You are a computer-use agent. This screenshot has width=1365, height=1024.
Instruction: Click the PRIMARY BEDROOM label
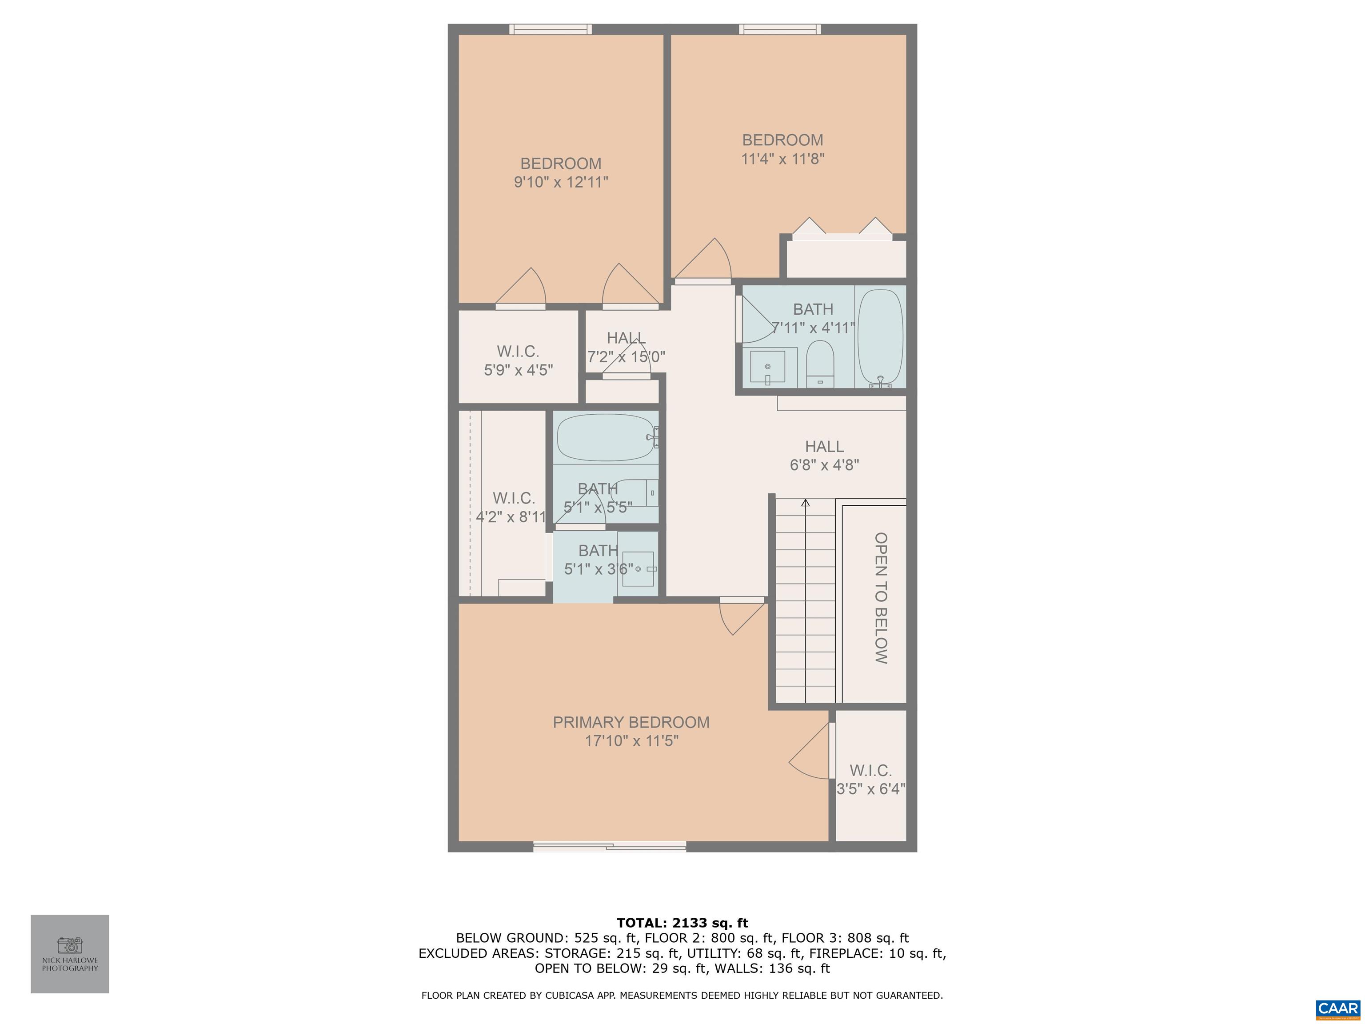pos(631,722)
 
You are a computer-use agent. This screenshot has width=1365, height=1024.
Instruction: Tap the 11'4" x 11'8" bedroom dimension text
pos(782,159)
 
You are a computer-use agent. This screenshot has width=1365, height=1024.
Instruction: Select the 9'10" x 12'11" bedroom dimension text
pos(561,183)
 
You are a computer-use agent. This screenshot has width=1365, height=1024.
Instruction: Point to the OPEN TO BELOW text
pos(881,597)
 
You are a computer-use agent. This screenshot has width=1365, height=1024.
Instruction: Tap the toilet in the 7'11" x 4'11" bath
pos(820,364)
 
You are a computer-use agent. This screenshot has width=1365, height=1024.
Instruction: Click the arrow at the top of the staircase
pos(805,503)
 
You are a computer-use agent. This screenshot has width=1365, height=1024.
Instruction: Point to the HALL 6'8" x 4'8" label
pos(824,456)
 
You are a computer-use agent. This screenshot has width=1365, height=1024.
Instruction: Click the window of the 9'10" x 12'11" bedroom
pos(550,29)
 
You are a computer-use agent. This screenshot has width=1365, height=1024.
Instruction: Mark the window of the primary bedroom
pos(610,846)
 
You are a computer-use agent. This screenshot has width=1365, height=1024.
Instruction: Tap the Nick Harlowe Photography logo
pos(70,954)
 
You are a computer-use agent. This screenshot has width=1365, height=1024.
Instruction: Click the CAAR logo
pos(1337,1008)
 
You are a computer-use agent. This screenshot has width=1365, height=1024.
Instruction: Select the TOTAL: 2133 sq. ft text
pos(682,923)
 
